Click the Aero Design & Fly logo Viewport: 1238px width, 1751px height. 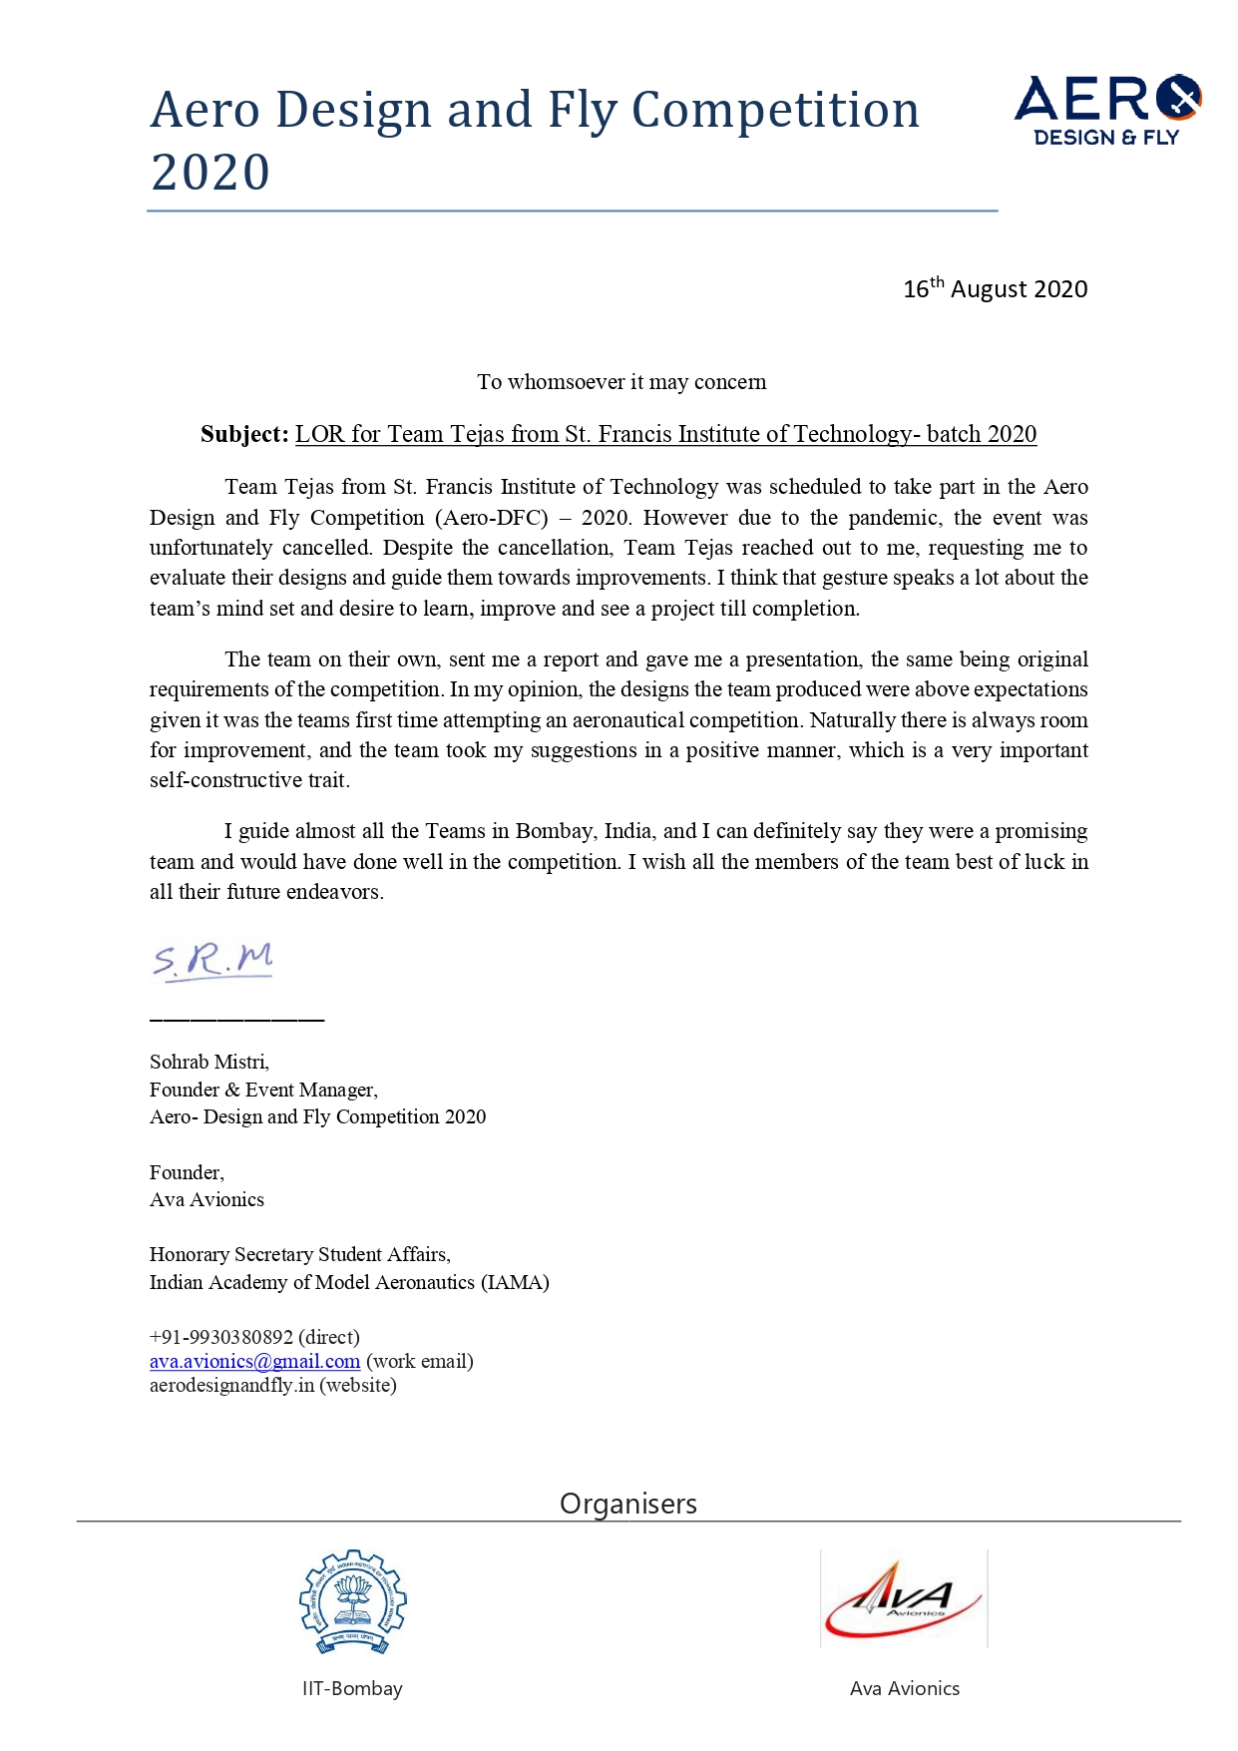(x=1107, y=110)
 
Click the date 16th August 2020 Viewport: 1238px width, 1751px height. (x=995, y=289)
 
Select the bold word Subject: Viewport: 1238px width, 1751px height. (x=244, y=434)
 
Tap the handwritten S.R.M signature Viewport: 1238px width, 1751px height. (x=212, y=960)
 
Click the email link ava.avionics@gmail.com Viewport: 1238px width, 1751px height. (x=254, y=1361)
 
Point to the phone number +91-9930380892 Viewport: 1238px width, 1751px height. (x=221, y=1337)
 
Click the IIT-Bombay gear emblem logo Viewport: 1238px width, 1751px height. (x=352, y=1603)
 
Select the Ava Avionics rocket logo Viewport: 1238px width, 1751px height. (x=904, y=1598)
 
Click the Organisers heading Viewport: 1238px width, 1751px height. (x=628, y=1504)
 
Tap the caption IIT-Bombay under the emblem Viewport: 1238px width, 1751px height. (x=352, y=1688)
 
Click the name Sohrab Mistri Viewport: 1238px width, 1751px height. (x=208, y=1062)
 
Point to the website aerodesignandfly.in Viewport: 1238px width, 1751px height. (x=231, y=1385)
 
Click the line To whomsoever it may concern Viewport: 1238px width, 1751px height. (x=621, y=382)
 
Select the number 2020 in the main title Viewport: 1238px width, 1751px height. (x=210, y=173)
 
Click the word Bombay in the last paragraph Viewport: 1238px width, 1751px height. (x=555, y=831)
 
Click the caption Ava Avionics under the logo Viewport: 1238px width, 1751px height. (x=904, y=1688)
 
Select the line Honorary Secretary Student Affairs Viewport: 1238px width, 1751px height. (x=299, y=1254)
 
